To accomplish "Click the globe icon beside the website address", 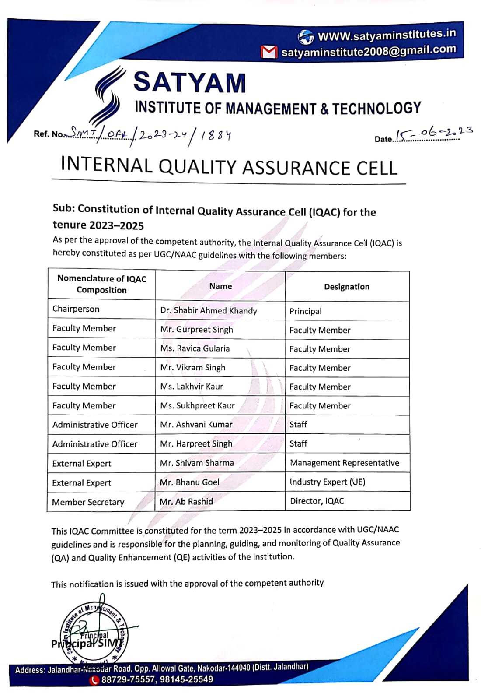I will pos(305,37).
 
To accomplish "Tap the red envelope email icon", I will pos(268,52).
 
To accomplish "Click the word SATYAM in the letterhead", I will pos(189,82).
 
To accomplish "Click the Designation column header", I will pos(347,287).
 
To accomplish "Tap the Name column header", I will pos(220,286).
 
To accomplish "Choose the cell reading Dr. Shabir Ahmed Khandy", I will pos(209,311).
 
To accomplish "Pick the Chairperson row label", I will pos(76,309).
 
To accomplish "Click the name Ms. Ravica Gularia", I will pos(195,348).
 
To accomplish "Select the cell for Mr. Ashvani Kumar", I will pos(196,424).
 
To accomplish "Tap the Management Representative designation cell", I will pos(345,463).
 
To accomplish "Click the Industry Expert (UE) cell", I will pos(328,482).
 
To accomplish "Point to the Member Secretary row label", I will pos(88,502).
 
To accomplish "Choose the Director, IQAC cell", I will pos(317,501).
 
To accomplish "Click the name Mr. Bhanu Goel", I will pos(190,482).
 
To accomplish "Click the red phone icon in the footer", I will pos(94,680).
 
